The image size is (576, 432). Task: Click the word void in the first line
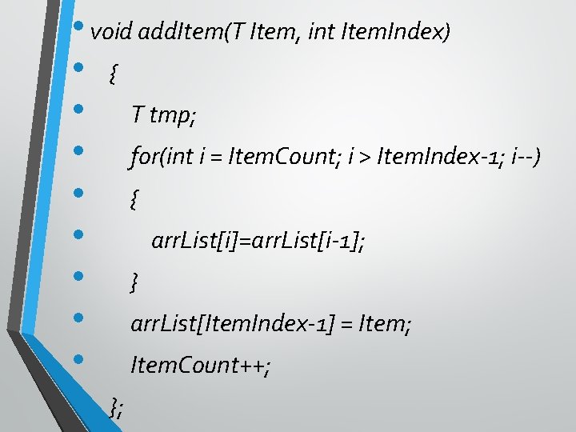pyautogui.click(x=112, y=33)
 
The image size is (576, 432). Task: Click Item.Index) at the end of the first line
pyautogui.click(x=396, y=33)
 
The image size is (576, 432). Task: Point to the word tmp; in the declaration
pyautogui.click(x=173, y=117)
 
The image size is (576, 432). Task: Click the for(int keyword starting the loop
pyautogui.click(x=162, y=158)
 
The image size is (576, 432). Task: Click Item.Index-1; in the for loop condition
pyautogui.click(x=428, y=158)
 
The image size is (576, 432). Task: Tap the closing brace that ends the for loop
pyautogui.click(x=134, y=282)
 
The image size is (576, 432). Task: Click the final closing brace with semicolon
pyautogui.click(x=117, y=409)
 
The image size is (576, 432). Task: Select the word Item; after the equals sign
pyautogui.click(x=385, y=324)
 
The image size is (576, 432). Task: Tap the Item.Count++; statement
pyautogui.click(x=201, y=366)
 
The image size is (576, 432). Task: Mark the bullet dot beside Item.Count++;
pyautogui.click(x=78, y=358)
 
